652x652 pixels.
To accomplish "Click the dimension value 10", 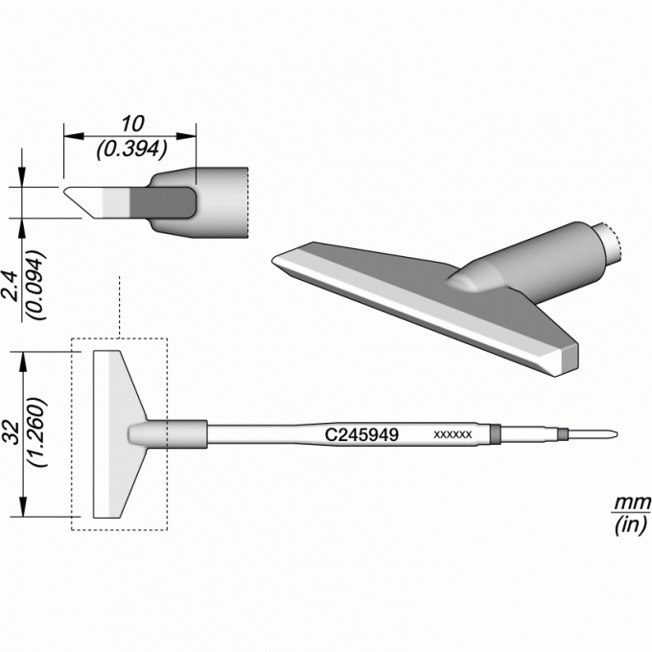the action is tap(132, 123).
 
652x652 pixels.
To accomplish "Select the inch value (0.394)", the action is tap(131, 150).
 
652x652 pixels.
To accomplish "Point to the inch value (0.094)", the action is tap(35, 285).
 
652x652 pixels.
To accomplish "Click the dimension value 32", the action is tap(12, 432).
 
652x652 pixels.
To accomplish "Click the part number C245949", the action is tap(361, 435).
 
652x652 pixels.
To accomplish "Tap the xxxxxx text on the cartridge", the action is tap(453, 435).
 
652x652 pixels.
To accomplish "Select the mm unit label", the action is tap(633, 502).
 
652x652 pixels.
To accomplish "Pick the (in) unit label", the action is tap(632, 525).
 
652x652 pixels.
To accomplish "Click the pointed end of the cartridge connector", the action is tap(617, 434).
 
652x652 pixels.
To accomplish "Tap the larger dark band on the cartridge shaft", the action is tap(496, 434).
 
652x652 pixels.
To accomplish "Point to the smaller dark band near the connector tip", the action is tap(563, 434).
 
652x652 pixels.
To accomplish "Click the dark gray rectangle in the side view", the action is tap(163, 202).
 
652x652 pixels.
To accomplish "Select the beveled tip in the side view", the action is tap(84, 202).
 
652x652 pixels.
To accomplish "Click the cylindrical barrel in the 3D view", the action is tap(541, 261).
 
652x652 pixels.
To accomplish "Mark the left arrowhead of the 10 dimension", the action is tap(74, 136).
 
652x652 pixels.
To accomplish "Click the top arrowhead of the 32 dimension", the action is tap(23, 361).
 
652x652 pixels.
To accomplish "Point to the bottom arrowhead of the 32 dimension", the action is tap(23, 507).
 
